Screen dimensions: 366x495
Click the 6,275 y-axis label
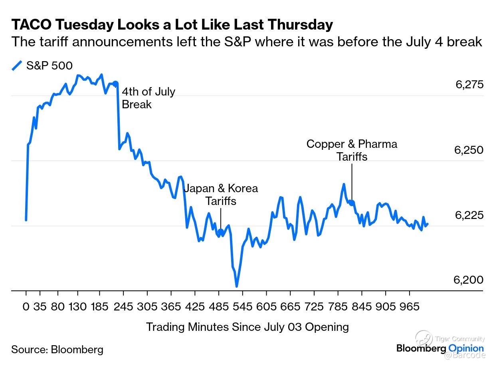click(469, 85)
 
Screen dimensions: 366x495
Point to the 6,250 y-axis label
click(469, 150)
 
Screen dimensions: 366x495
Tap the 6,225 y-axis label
click(469, 215)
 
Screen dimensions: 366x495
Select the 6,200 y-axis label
click(469, 280)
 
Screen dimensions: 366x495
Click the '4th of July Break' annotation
click(148, 98)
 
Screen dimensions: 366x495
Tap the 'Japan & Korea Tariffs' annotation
click(221, 194)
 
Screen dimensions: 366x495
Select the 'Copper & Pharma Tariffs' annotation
click(352, 150)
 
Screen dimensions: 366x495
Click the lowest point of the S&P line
click(237, 286)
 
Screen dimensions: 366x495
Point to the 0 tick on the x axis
click(26, 307)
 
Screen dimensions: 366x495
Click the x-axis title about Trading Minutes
click(247, 327)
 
